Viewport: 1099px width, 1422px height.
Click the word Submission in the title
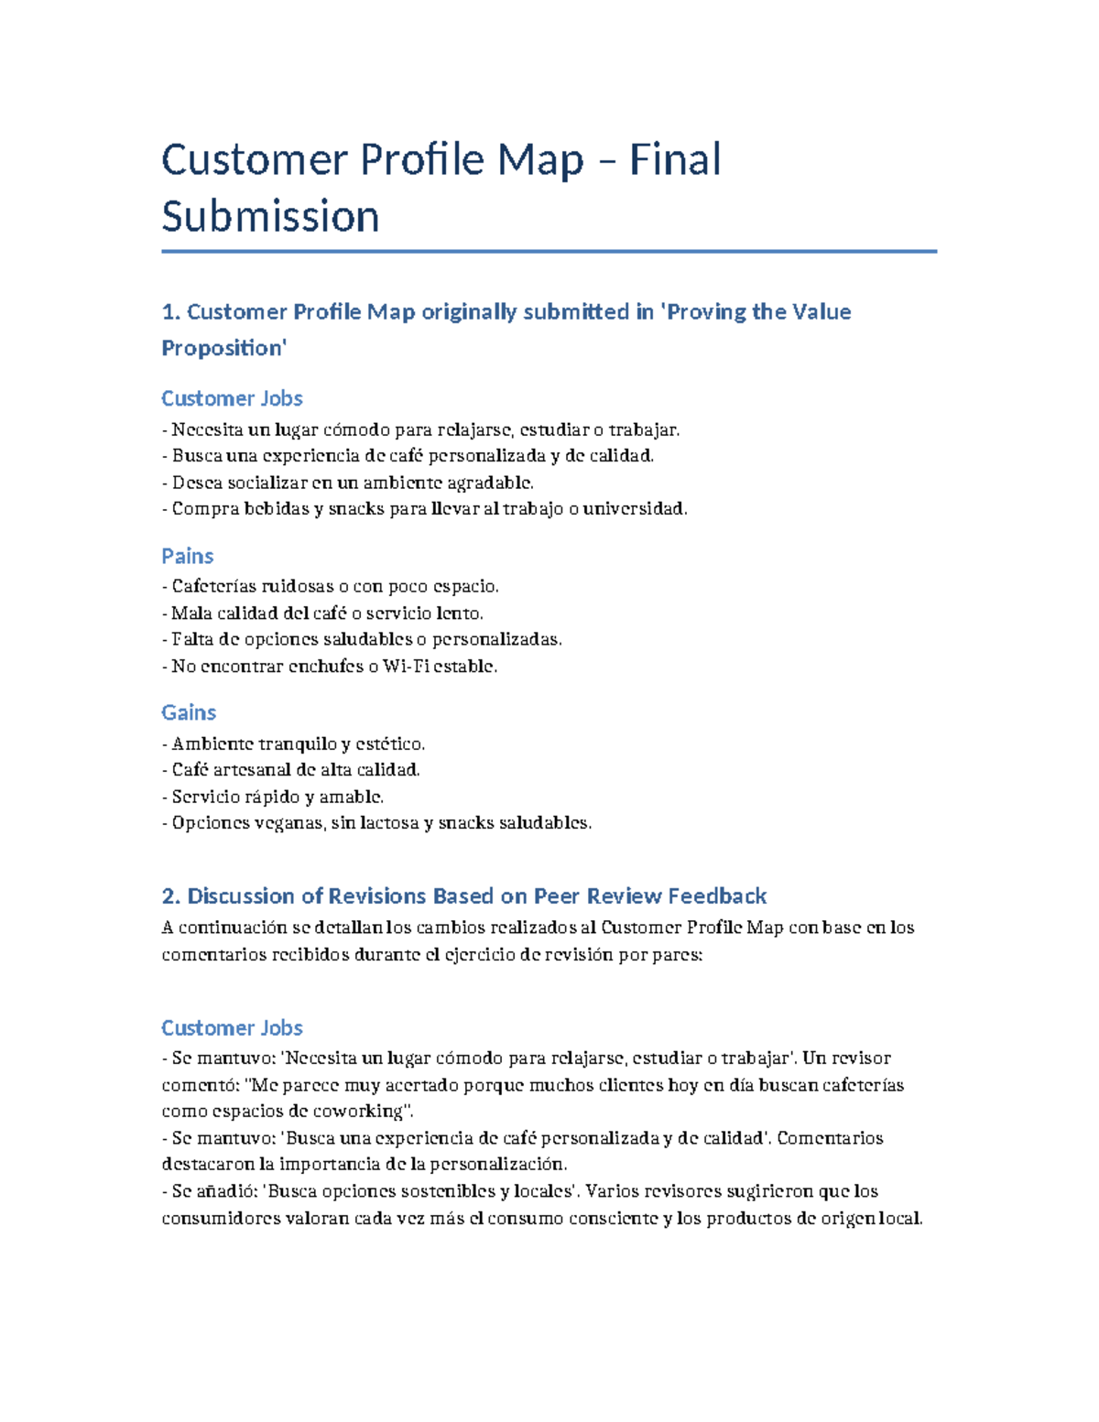click(270, 216)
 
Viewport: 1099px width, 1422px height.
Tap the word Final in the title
click(675, 159)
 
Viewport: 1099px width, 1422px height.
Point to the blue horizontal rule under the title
click(549, 251)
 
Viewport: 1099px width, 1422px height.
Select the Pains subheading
click(187, 556)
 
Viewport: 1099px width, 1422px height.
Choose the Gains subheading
click(189, 712)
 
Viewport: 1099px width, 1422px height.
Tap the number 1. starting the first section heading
click(171, 312)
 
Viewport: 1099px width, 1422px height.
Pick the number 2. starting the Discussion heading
click(172, 896)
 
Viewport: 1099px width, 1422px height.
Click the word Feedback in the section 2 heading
click(717, 896)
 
